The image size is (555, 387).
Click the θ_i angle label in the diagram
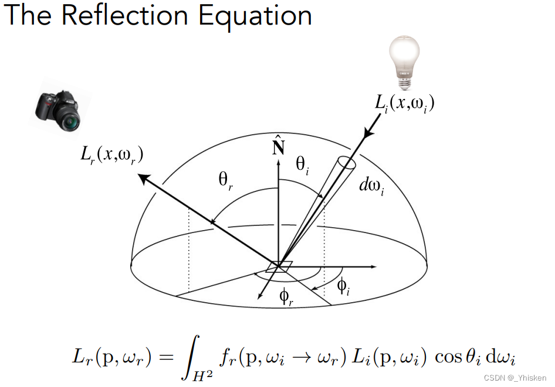point(302,165)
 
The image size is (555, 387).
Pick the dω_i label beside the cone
point(371,187)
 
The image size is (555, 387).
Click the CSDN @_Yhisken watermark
point(515,378)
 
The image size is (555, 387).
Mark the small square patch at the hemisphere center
point(279,266)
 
